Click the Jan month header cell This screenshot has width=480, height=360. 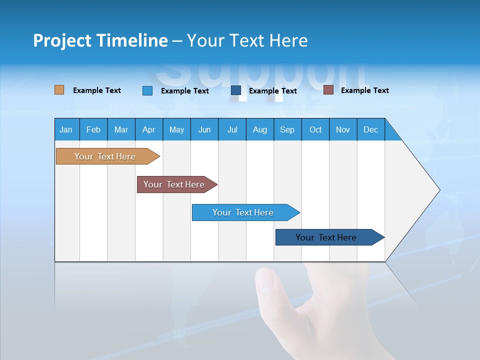point(66,129)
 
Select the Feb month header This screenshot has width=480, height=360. point(93,129)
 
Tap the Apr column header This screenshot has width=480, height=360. point(149,129)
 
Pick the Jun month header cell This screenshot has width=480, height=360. point(204,129)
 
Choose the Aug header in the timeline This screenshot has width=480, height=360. point(260,129)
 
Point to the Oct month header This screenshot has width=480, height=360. point(315,129)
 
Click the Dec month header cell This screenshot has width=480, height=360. point(371,129)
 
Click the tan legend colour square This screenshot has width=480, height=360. point(59,90)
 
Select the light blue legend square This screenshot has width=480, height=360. point(147,90)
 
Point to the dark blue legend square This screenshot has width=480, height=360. point(236,90)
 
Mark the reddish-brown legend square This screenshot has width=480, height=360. point(328,90)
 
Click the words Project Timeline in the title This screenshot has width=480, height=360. point(100,40)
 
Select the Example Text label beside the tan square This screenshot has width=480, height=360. point(97,90)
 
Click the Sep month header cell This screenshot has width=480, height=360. point(287,129)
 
